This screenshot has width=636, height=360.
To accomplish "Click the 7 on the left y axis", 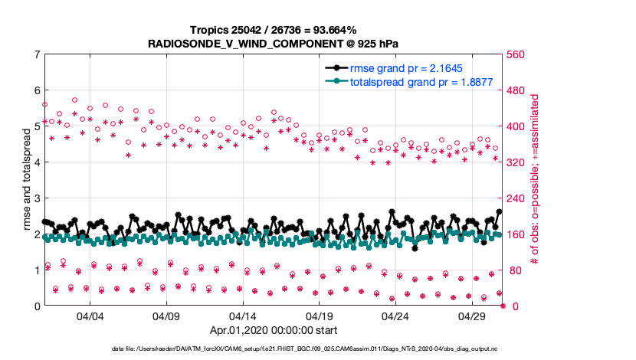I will click(x=37, y=54).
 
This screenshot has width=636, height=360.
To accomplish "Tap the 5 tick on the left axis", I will click(x=37, y=126).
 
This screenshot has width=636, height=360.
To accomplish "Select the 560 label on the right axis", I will click(x=515, y=54).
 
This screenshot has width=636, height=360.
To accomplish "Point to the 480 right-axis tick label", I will click(x=515, y=90).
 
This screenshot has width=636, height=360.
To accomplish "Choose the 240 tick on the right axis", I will click(x=515, y=198).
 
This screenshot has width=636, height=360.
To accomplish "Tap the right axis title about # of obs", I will click(x=536, y=180).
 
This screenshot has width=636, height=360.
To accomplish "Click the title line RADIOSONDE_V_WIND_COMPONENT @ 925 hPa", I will click(x=273, y=44).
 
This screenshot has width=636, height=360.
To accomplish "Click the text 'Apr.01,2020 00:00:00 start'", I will click(x=273, y=332).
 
